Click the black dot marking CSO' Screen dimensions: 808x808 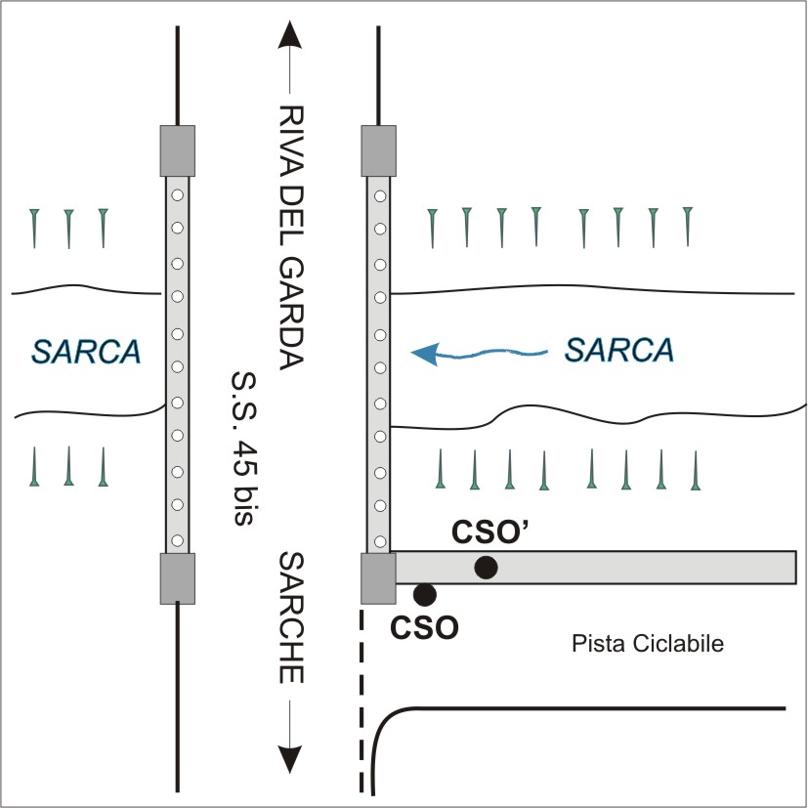coord(486,567)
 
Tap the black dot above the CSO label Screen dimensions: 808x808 coord(424,593)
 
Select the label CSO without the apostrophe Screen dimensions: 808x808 coord(425,626)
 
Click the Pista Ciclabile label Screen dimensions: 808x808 coord(646,644)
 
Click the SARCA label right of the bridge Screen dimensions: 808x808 coord(619,349)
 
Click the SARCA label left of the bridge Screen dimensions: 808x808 coord(85,351)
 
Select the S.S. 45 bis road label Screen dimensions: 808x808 coord(240,448)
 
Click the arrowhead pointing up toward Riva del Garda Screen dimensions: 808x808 coord(290,35)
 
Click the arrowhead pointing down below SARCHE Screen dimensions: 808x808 coord(290,758)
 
